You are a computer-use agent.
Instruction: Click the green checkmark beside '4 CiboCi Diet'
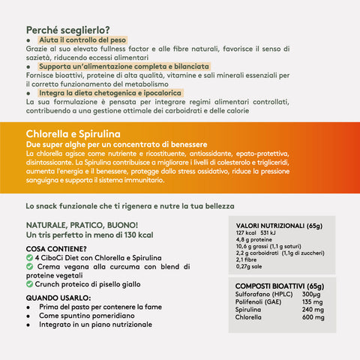(x=29, y=257)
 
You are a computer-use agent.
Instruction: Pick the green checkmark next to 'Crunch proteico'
(x=29, y=283)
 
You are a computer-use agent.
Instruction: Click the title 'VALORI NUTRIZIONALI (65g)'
(x=279, y=226)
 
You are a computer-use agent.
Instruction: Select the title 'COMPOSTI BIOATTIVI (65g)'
(x=279, y=286)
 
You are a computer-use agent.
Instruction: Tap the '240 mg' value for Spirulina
(x=313, y=309)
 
